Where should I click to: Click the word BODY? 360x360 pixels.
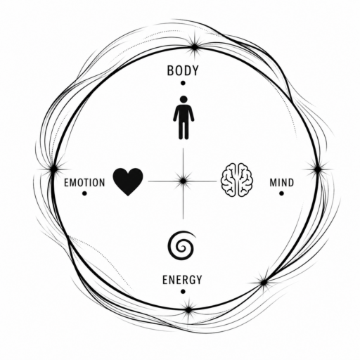[183, 70]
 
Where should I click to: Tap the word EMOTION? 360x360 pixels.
[84, 183]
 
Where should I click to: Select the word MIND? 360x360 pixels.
[282, 183]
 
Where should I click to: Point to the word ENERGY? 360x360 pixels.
[182, 280]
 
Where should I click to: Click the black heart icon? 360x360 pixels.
[128, 181]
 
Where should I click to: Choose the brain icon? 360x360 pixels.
[237, 179]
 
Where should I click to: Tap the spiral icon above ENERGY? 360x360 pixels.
[181, 245]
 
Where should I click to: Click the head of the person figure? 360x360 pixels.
[184, 99]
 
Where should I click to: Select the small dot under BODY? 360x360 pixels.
[183, 83]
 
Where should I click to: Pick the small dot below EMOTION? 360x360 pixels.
[84, 193]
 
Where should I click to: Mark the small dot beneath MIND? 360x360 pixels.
[281, 193]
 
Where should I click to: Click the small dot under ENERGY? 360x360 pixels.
[183, 292]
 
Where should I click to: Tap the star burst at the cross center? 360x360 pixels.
[183, 181]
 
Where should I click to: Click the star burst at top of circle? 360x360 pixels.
[194, 47]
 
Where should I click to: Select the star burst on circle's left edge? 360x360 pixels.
[54, 169]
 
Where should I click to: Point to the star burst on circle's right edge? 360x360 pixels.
[318, 169]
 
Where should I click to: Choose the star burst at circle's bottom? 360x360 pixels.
[188, 310]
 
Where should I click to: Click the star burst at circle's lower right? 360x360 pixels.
[264, 283]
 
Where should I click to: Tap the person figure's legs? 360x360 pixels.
[184, 129]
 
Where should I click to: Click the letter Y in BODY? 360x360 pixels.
[195, 70]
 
